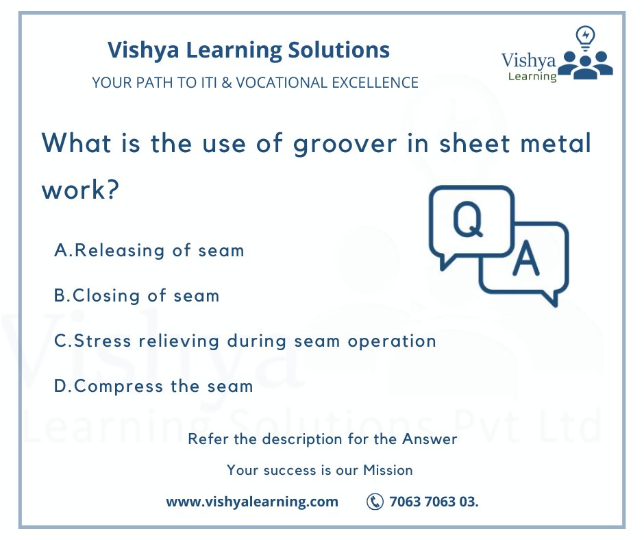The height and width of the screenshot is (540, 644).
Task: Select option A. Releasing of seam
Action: coord(149,250)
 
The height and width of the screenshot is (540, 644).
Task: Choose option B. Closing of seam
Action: coord(137,295)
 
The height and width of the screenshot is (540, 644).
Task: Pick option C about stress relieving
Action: coord(245,341)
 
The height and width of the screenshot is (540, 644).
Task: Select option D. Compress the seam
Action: coord(153,386)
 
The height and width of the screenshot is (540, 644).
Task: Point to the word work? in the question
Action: coord(77,190)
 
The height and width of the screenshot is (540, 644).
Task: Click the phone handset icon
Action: coord(375,502)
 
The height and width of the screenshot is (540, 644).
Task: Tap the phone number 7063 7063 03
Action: coord(434,502)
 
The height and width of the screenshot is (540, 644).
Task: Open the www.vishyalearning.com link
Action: coord(252,502)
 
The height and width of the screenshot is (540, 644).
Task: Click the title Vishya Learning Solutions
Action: coord(249,50)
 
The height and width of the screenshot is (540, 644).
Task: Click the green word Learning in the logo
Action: coord(532,76)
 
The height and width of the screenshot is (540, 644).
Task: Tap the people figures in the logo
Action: coord(586,63)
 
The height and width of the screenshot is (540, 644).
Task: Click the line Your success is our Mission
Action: coord(320,470)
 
